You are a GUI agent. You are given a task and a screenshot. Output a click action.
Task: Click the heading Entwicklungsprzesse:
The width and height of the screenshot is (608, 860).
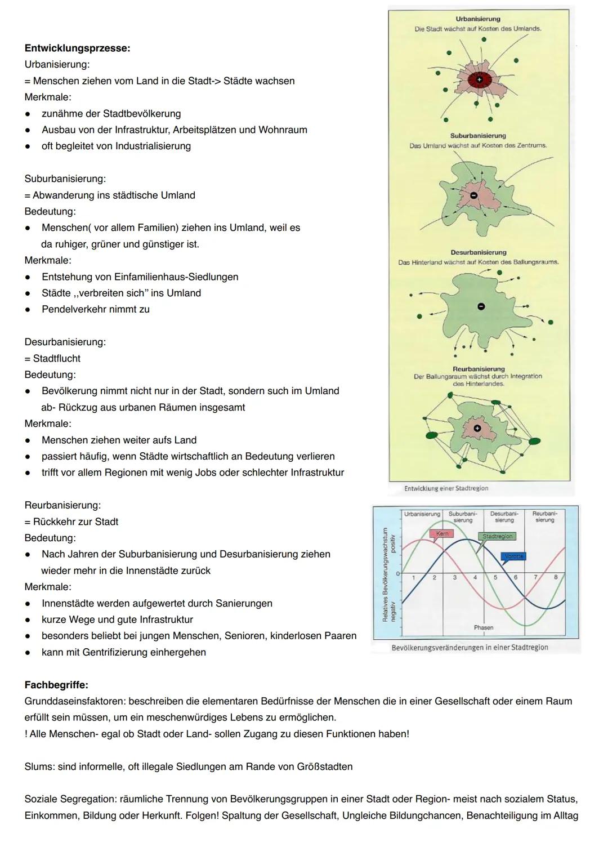[x=77, y=48]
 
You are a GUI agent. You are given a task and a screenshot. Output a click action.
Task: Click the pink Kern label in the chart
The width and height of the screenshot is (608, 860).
[x=442, y=533]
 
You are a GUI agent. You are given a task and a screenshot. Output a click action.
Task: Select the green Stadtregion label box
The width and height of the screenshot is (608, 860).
[x=497, y=536]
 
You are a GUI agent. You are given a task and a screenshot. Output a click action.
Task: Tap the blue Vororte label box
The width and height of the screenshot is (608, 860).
[x=513, y=556]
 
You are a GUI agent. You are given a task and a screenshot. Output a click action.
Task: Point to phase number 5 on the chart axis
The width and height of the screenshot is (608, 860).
[x=495, y=577]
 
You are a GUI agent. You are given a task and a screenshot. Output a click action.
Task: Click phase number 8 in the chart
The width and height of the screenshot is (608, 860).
[x=556, y=577]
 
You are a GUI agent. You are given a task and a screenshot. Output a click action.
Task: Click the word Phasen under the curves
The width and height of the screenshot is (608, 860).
[x=484, y=627]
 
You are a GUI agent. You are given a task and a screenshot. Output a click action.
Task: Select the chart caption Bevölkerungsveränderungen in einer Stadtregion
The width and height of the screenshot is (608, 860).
[x=470, y=648]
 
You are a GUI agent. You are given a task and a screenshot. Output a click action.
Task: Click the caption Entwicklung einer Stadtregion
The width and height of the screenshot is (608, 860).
[x=446, y=488]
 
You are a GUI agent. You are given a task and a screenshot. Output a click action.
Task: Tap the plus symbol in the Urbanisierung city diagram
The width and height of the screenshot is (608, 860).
[x=479, y=80]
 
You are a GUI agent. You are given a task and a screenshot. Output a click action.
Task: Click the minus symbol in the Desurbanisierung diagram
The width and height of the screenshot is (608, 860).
[x=481, y=306]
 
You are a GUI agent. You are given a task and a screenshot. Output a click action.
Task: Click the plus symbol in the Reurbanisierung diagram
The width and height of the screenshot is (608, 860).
[x=477, y=429]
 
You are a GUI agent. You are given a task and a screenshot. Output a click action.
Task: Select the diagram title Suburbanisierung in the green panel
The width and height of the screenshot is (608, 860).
[x=478, y=136]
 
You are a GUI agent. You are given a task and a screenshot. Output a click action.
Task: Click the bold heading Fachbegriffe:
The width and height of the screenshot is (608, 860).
[x=56, y=685]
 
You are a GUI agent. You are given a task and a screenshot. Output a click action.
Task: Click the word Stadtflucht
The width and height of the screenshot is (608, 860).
[x=56, y=358]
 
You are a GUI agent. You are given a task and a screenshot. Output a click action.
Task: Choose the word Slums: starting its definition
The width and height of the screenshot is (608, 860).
[x=38, y=767]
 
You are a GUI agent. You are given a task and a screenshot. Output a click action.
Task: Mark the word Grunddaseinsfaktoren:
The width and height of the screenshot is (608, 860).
[x=75, y=701]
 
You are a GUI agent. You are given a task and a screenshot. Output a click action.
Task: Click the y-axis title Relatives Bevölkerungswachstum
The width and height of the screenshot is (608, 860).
[x=386, y=574]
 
